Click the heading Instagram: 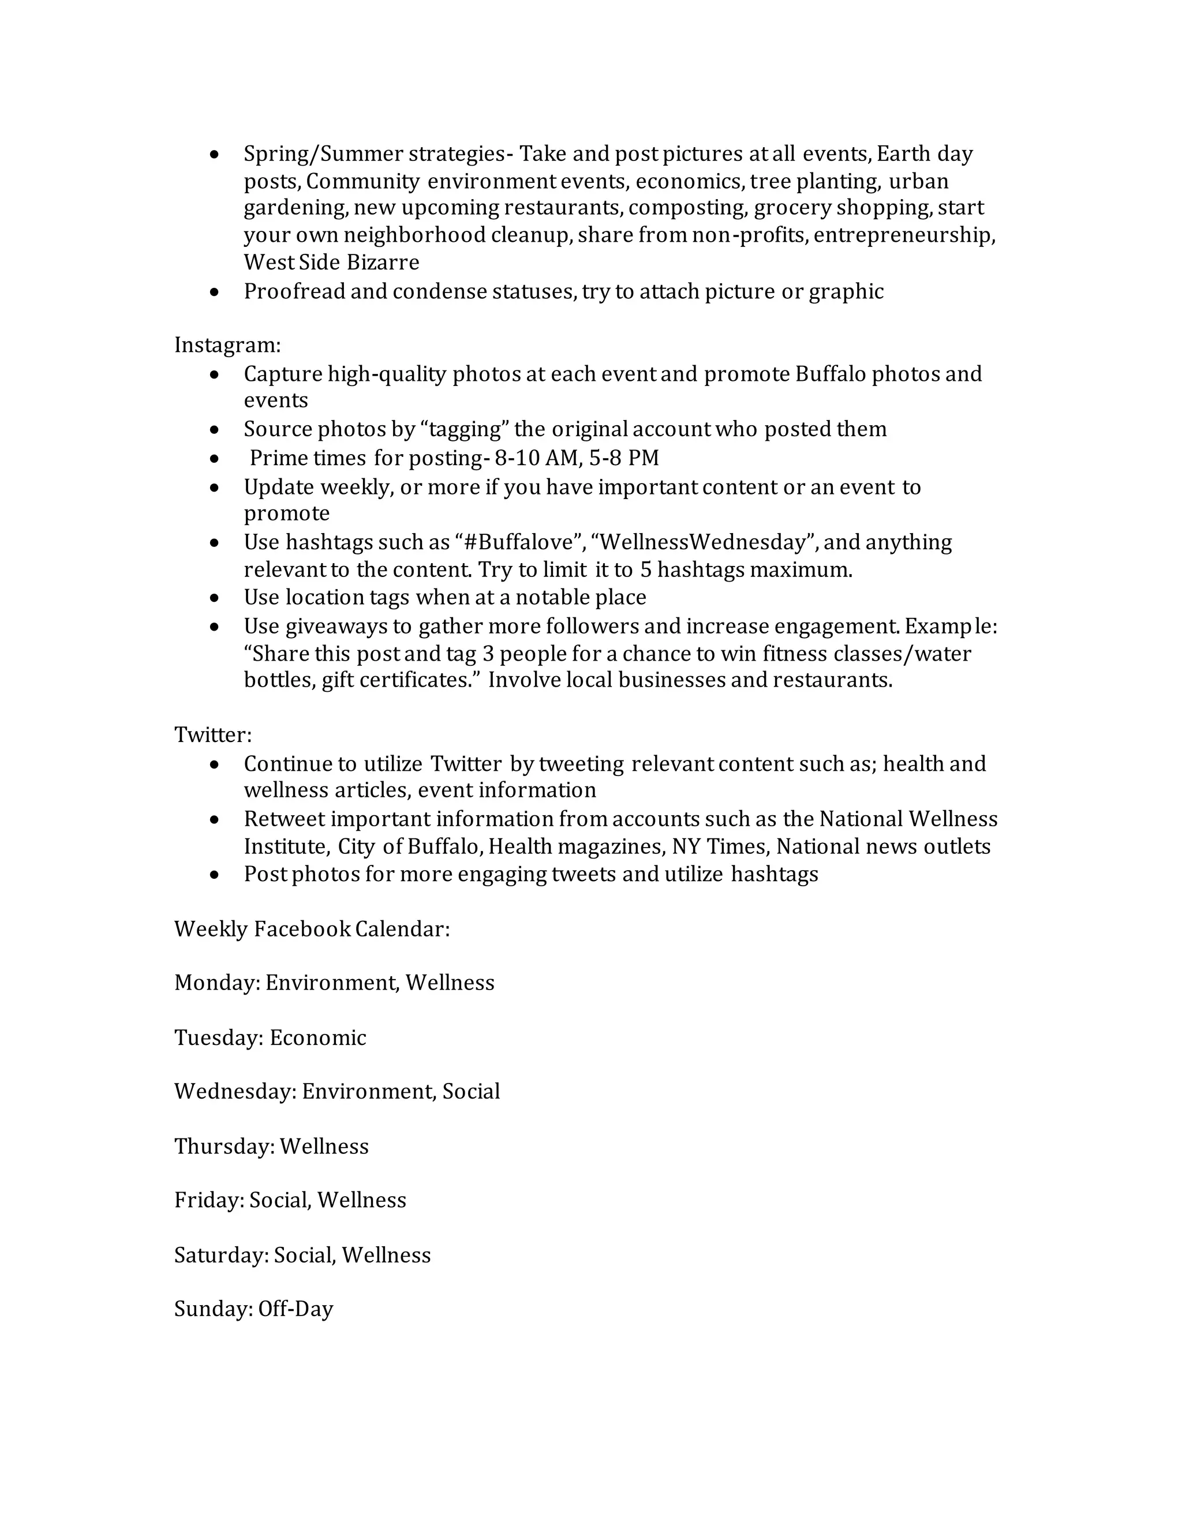click(227, 345)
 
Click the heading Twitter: click(212, 734)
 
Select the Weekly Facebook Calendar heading click(312, 929)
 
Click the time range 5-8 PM click(624, 458)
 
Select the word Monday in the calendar click(216, 983)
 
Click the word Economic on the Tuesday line click(318, 1037)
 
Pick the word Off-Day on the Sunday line click(295, 1309)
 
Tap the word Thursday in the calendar click(223, 1147)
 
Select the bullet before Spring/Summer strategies click(215, 154)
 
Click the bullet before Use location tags click(215, 598)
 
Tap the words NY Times click(720, 847)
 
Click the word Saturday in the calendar click(220, 1256)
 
